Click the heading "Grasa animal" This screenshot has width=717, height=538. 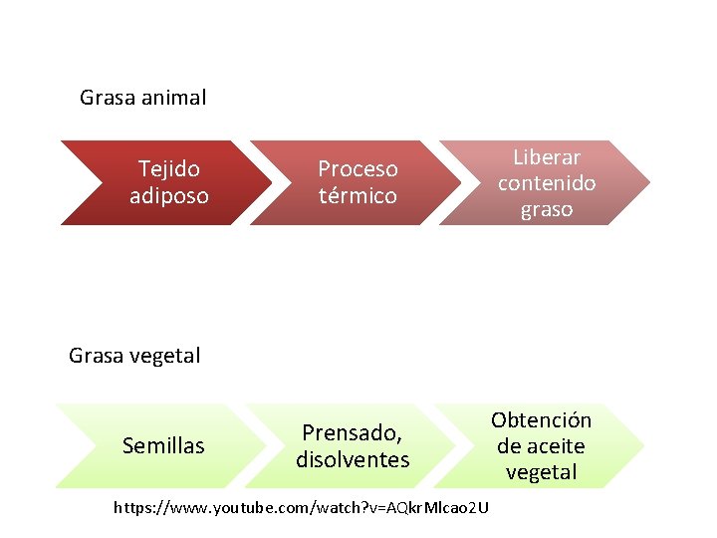click(x=142, y=98)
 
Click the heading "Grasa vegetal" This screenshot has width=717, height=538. click(x=134, y=355)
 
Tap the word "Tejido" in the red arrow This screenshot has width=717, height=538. click(x=168, y=169)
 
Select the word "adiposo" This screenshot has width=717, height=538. click(x=168, y=195)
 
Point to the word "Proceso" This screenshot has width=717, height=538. click(x=358, y=169)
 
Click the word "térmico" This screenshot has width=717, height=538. click(x=358, y=195)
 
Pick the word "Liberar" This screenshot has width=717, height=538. click(x=547, y=157)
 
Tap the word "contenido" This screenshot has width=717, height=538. click(x=547, y=183)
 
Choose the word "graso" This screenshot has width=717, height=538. click(x=547, y=209)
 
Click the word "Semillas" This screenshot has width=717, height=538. click(x=163, y=445)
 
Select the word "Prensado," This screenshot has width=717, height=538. click(x=353, y=433)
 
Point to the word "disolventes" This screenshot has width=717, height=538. click(x=353, y=459)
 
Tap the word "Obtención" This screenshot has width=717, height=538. click(x=541, y=420)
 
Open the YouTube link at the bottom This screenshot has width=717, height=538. click(x=301, y=508)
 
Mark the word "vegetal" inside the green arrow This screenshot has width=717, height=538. click(x=541, y=472)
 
